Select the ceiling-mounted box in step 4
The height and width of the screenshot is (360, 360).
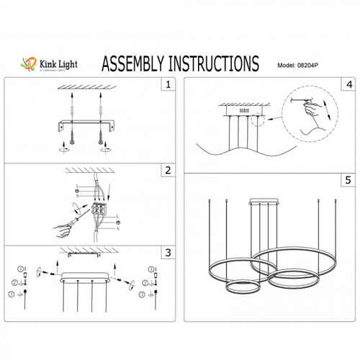tap(241, 113)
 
